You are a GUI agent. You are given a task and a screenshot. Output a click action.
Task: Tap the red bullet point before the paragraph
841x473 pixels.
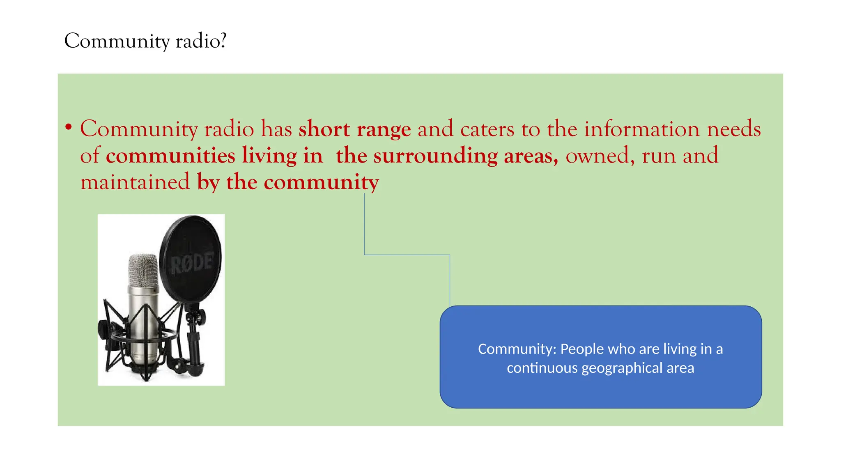(x=69, y=127)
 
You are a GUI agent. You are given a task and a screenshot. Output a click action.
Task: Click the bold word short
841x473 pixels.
(x=324, y=129)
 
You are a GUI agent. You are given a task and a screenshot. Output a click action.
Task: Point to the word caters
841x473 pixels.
(x=487, y=130)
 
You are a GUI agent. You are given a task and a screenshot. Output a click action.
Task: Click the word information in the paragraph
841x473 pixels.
(x=641, y=129)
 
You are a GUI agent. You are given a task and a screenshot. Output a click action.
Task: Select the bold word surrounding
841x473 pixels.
(x=435, y=156)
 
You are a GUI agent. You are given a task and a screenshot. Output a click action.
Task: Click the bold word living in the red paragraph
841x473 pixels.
(x=269, y=156)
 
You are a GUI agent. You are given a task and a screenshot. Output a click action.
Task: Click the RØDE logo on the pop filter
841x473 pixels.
(x=192, y=263)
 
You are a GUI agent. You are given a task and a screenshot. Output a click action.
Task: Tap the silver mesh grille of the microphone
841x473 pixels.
(x=143, y=270)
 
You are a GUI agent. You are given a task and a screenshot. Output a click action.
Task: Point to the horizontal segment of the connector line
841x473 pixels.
(x=407, y=255)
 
